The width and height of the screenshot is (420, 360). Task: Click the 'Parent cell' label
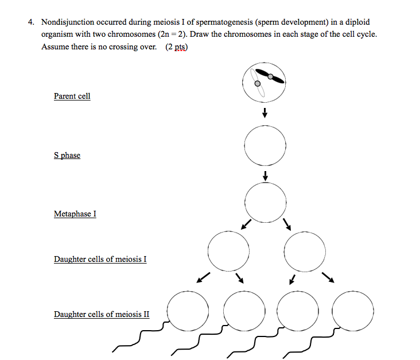coord(72,96)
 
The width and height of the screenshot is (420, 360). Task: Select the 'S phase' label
coord(67,156)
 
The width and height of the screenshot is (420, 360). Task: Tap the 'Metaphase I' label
coord(75,214)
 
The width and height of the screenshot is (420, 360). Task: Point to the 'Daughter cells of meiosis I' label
coord(100,259)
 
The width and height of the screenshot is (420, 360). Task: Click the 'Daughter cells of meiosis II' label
coord(101,314)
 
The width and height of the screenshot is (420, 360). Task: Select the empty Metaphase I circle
coord(265,201)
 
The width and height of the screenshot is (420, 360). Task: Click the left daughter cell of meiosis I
coord(228,250)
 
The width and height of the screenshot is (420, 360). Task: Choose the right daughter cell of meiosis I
coord(305,250)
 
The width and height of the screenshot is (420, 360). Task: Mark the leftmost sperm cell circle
coord(188,311)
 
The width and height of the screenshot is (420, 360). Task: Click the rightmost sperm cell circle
coord(352,311)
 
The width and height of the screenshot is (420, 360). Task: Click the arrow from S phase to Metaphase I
coord(265,175)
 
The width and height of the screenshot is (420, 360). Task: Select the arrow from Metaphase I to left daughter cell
coord(245,224)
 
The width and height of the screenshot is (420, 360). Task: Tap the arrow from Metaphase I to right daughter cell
coord(287,224)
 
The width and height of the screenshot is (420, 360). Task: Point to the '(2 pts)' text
coord(176,47)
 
